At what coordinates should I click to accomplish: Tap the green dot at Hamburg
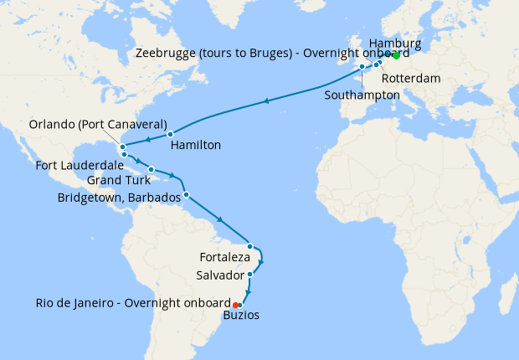pos(396,56)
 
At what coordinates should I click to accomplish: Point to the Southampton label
pos(362,95)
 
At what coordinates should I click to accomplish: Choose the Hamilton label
pos(195,145)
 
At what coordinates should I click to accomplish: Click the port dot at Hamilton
pos(169,134)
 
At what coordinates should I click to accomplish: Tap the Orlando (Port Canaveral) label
pos(97,124)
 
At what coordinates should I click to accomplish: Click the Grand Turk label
pos(119,180)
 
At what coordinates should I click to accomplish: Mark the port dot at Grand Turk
pos(151,169)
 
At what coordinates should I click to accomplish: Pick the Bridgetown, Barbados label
pos(119,198)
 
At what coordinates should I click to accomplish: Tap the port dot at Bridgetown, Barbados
pos(186,195)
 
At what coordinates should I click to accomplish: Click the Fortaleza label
pos(224,256)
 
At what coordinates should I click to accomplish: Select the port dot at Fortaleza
pos(249,246)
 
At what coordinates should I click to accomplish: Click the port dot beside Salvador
pos(249,274)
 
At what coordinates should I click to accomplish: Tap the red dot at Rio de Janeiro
pos(236,305)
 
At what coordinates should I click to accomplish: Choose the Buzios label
pos(241,316)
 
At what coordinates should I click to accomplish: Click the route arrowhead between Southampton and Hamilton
pos(267,101)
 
